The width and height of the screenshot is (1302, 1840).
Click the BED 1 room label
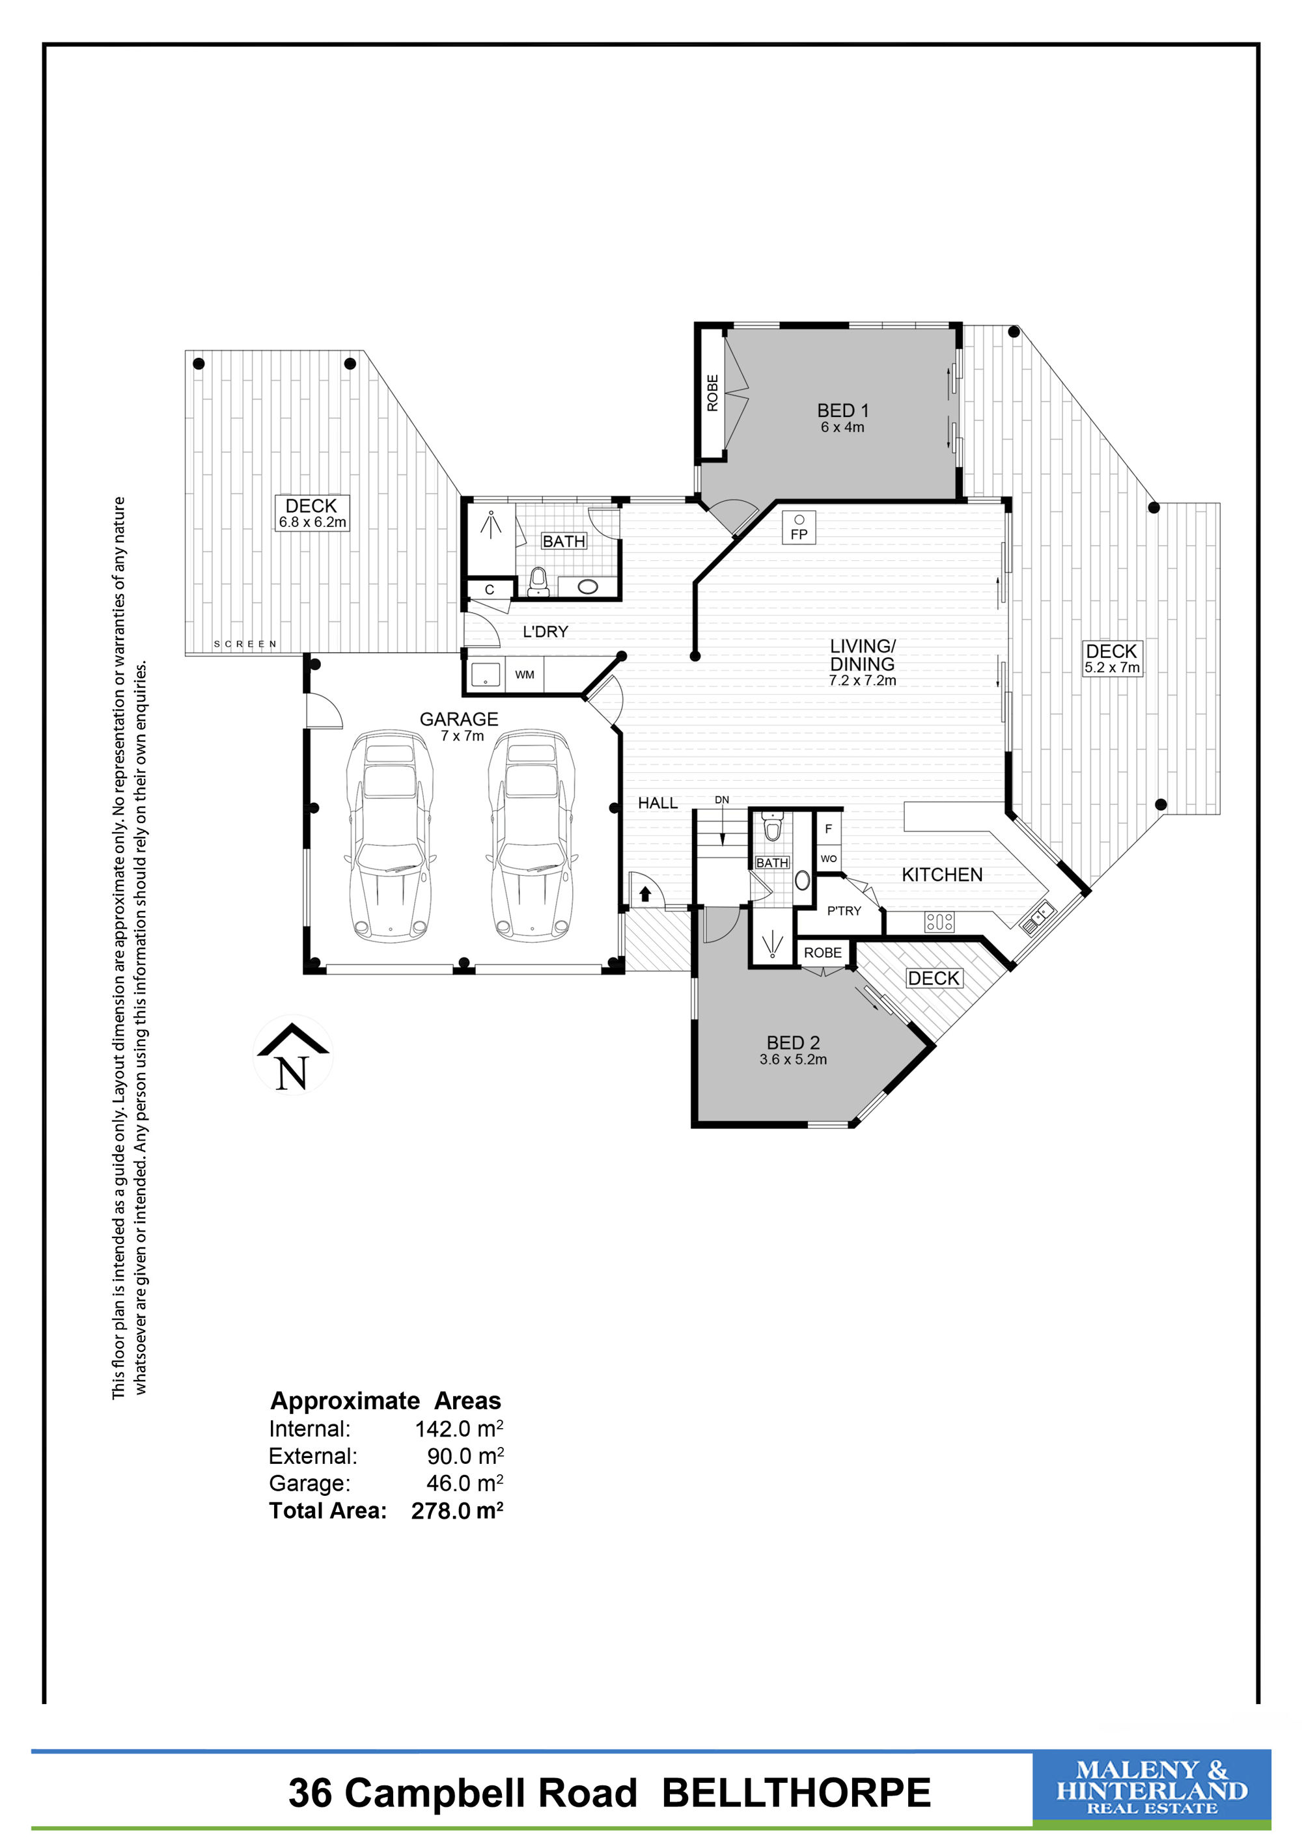click(842, 411)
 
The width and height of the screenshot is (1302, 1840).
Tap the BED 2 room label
click(793, 1042)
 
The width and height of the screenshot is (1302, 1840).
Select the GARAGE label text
click(458, 719)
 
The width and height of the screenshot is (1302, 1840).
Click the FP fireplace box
click(799, 528)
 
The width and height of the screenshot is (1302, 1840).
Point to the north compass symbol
click(293, 1055)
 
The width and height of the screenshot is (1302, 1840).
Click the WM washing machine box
click(524, 675)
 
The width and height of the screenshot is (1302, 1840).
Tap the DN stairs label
click(721, 800)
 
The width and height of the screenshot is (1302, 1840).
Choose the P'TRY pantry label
click(844, 910)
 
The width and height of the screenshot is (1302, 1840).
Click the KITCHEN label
click(942, 874)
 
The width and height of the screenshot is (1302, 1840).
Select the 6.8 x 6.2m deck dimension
click(312, 522)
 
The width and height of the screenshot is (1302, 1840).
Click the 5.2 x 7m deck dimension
click(1112, 668)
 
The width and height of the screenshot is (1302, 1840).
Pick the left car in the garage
click(390, 835)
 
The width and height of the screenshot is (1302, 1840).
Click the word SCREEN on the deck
click(245, 644)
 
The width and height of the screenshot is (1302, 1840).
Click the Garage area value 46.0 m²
click(465, 1483)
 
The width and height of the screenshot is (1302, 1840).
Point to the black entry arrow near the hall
click(645, 893)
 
